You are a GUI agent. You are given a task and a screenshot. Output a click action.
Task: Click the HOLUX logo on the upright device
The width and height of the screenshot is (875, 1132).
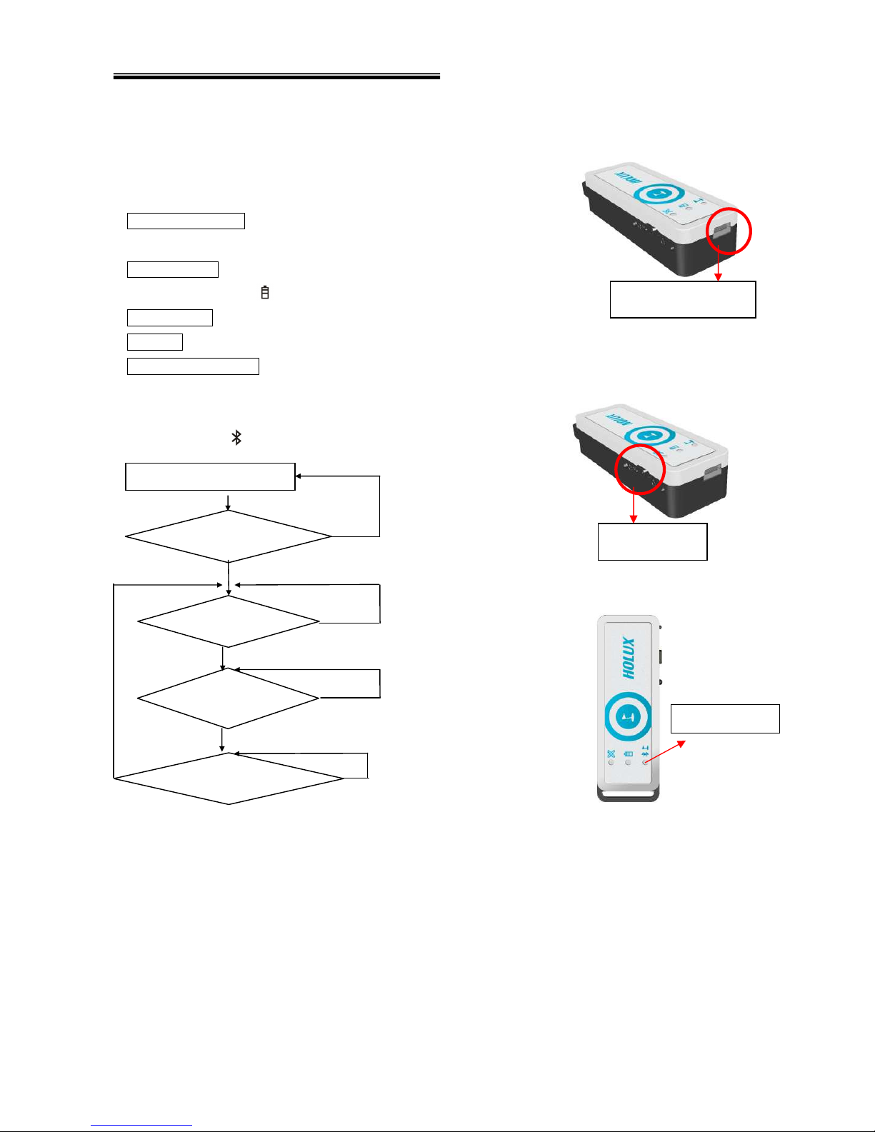pyautogui.click(x=628, y=658)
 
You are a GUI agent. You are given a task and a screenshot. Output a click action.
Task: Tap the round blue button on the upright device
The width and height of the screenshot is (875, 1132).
pyautogui.click(x=628, y=716)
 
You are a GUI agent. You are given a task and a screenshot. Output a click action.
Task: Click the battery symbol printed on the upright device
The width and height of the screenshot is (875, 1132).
pyautogui.click(x=629, y=753)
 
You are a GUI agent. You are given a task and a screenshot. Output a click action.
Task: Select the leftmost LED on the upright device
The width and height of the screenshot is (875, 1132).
pyautogui.click(x=611, y=763)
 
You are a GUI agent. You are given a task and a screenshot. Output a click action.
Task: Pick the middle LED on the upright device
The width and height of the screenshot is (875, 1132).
pyautogui.click(x=629, y=763)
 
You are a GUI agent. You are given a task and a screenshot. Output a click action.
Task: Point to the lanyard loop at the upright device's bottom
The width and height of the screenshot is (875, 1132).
pyautogui.click(x=628, y=794)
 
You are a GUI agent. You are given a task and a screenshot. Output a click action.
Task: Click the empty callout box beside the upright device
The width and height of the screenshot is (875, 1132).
pyautogui.click(x=724, y=718)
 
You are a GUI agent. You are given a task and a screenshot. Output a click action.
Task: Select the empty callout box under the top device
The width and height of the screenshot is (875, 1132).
pyautogui.click(x=682, y=299)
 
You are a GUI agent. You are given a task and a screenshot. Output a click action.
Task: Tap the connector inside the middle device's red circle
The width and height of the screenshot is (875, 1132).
pyautogui.click(x=638, y=469)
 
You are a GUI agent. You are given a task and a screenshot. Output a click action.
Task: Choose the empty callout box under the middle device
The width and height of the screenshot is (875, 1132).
pyautogui.click(x=652, y=541)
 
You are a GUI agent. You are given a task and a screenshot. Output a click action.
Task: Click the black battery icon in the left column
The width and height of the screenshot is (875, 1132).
pyautogui.click(x=265, y=292)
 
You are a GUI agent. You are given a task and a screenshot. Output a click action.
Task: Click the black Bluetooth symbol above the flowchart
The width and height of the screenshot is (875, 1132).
pyautogui.click(x=236, y=437)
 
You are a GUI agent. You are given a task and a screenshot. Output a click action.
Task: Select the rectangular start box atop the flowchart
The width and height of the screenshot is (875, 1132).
pyautogui.click(x=210, y=476)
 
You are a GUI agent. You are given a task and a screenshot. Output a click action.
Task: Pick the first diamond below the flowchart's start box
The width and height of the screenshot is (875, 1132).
pyautogui.click(x=229, y=536)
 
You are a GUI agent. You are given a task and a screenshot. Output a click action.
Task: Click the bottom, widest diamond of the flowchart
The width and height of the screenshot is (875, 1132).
pyautogui.click(x=229, y=778)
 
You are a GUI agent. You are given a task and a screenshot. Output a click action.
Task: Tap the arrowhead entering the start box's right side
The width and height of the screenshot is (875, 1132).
pyautogui.click(x=299, y=476)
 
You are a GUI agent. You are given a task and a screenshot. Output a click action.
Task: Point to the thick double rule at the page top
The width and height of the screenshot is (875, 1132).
pyautogui.click(x=276, y=76)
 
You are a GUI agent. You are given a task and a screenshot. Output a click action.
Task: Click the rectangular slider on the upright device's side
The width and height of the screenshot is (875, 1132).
pyautogui.click(x=661, y=656)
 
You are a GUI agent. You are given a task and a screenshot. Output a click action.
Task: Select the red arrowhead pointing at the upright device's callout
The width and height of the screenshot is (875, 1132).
pyautogui.click(x=681, y=743)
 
